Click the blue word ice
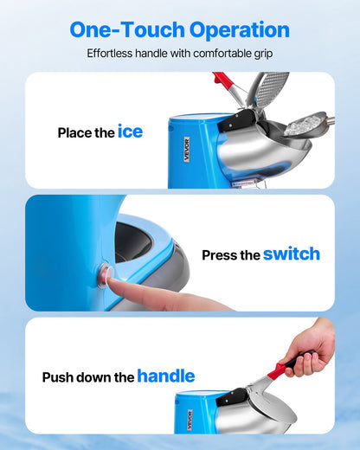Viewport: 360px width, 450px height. (x=130, y=132)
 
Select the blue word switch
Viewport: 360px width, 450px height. (x=291, y=254)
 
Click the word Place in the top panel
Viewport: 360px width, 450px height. (x=74, y=133)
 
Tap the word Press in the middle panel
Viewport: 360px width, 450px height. (x=219, y=255)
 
